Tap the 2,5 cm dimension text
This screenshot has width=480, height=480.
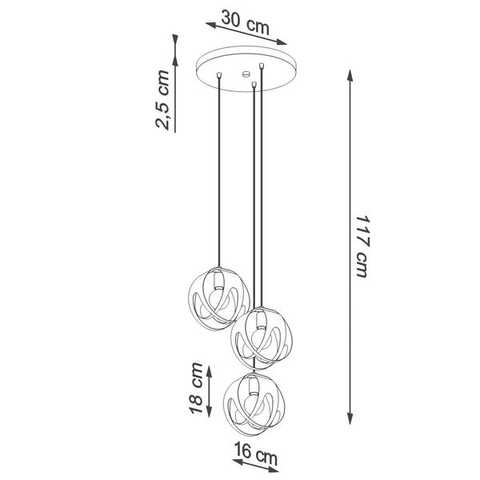tap(162, 99)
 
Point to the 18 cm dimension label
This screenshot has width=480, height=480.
tap(196, 387)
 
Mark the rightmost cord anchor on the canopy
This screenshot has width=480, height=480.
tap(262, 65)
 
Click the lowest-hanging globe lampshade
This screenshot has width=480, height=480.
tap(252, 398)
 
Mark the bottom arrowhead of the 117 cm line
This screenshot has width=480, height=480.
tap(350, 418)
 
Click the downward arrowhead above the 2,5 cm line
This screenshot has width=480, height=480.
tap(174, 56)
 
